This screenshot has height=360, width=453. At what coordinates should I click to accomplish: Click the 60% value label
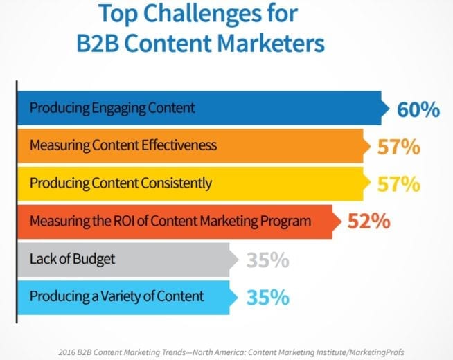click(418, 109)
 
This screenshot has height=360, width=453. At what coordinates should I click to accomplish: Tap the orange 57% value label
click(399, 147)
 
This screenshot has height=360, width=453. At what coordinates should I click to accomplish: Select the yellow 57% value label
click(399, 184)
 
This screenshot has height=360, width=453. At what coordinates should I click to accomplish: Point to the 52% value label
click(369, 222)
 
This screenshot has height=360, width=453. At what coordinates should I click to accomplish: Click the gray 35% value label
click(268, 260)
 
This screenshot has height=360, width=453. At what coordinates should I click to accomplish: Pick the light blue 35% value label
click(268, 298)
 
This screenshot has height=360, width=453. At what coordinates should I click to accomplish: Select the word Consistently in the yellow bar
click(177, 183)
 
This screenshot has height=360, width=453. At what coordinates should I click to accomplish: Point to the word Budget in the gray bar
click(94, 259)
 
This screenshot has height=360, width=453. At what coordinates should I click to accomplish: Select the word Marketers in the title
click(271, 44)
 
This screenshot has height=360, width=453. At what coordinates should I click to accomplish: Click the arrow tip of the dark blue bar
click(389, 108)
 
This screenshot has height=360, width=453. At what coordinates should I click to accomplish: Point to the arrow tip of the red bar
click(341, 222)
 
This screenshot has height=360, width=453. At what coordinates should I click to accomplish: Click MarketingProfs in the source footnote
click(376, 352)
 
